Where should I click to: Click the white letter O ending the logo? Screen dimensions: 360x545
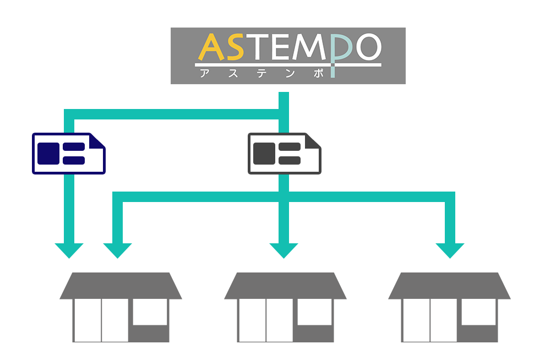(367, 48)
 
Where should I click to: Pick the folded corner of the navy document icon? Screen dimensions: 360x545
(97, 141)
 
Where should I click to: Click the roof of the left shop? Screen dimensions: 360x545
(121, 286)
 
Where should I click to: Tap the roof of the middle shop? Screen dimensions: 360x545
(285, 286)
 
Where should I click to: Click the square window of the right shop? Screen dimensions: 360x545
(478, 312)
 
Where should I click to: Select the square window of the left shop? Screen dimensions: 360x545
(150, 312)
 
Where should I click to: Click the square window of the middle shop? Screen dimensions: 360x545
(314, 312)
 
